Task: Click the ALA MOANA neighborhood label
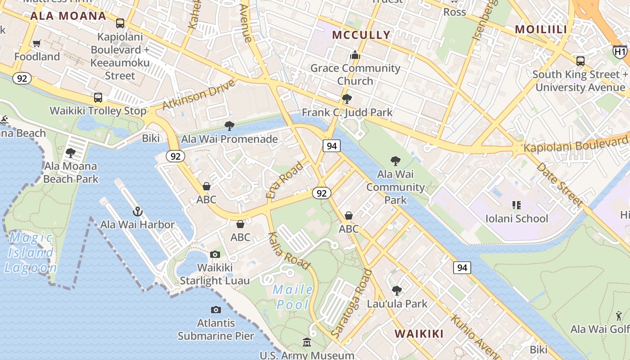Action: (68, 16)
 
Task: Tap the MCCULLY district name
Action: (361, 35)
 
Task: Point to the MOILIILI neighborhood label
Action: (541, 29)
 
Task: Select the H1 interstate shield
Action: (620, 52)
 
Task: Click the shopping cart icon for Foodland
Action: (37, 44)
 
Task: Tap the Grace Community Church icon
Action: (355, 55)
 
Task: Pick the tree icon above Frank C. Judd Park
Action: (346, 99)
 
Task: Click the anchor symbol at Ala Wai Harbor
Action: (137, 211)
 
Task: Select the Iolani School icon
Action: (516, 206)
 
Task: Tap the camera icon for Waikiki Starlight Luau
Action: (215, 255)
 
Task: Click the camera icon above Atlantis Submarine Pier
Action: (216, 310)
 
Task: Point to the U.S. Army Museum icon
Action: (307, 342)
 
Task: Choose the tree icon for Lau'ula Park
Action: (396, 291)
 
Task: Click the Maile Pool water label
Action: (293, 297)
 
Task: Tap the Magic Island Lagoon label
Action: (31, 252)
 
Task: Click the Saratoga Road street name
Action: (352, 304)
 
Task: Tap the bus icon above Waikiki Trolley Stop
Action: (98, 97)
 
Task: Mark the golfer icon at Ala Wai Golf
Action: (619, 316)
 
